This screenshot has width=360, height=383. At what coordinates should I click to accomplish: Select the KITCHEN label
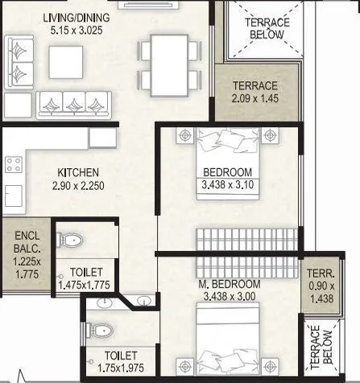click(x=77, y=172)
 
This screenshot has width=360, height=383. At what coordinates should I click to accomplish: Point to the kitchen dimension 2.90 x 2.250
click(x=77, y=186)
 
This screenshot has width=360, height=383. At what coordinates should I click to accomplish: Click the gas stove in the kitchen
click(x=14, y=165)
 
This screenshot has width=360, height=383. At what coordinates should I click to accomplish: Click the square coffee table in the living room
click(x=62, y=60)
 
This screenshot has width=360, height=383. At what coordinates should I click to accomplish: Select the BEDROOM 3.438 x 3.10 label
click(x=226, y=179)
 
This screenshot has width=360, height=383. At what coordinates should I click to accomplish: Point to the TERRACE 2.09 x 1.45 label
click(x=254, y=92)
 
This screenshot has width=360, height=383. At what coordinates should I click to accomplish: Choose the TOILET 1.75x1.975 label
click(x=109, y=361)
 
